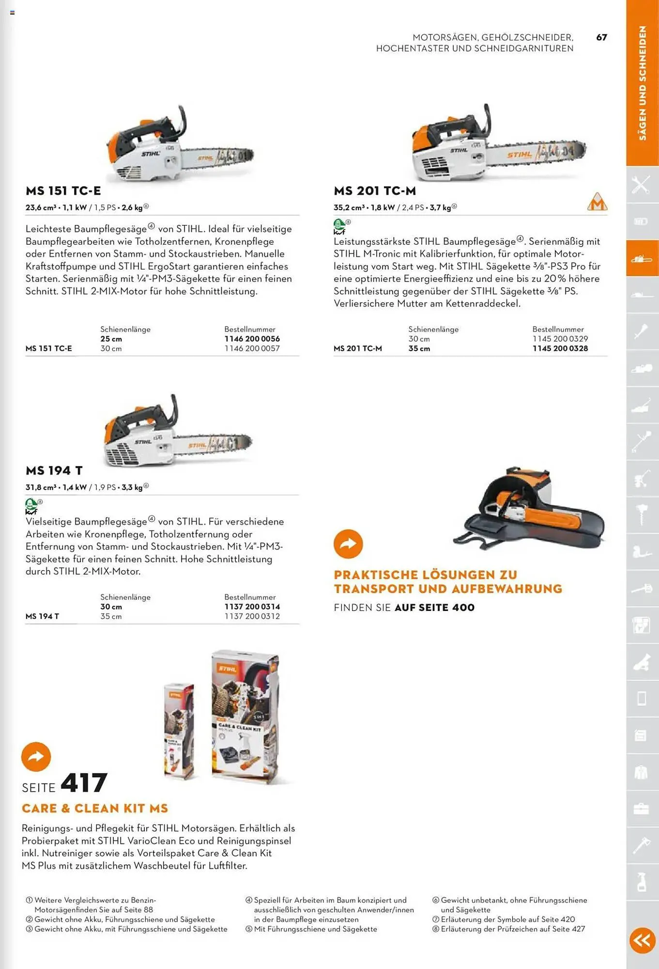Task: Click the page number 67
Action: tap(601, 37)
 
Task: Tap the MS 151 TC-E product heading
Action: tap(63, 191)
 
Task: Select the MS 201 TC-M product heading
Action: tap(375, 191)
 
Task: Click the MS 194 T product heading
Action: tap(54, 470)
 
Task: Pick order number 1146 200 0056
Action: tap(252, 339)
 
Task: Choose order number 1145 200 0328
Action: tap(560, 348)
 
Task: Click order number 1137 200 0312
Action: tap(252, 616)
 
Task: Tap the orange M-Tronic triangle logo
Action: tap(597, 202)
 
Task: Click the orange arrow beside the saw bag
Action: tap(348, 544)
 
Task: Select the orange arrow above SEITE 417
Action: tap(36, 756)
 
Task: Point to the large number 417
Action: tap(84, 783)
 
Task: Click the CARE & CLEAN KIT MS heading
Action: tap(95, 808)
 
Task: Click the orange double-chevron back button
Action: tap(642, 940)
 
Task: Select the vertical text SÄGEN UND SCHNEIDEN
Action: tap(643, 83)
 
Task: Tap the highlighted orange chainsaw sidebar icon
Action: tap(642, 258)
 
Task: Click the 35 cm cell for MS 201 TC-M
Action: tap(419, 348)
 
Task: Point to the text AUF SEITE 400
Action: tap(434, 608)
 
